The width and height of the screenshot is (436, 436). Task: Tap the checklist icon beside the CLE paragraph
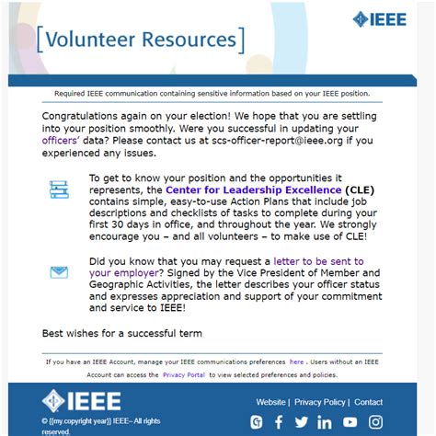coord(59,189)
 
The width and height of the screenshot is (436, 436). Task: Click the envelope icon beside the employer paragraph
coord(59,271)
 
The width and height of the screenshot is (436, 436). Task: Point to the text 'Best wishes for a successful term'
coord(121,333)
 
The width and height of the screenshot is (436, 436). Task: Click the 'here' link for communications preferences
coord(296,361)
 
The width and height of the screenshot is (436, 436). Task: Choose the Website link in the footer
coord(270,402)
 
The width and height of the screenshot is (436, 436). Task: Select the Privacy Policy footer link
coord(320,402)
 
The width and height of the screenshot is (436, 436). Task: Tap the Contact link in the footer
coord(368,402)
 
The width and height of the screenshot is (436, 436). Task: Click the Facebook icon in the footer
coord(279,422)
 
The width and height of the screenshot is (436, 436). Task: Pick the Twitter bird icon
coord(302,422)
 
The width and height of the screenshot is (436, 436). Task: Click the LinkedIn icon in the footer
coord(325,422)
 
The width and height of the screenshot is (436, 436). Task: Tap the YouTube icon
coord(349,422)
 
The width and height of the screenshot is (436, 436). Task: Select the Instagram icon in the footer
coord(373,422)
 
